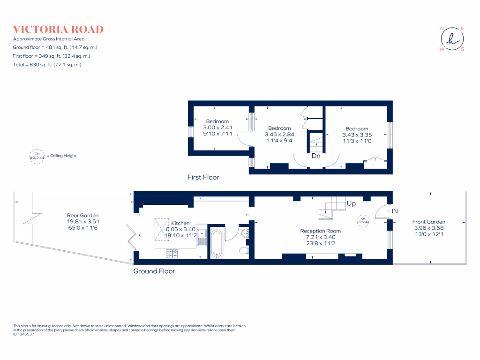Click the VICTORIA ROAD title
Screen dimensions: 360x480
[x=58, y=29]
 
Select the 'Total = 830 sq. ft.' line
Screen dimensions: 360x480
[x=47, y=65]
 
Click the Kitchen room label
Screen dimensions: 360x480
[x=180, y=223]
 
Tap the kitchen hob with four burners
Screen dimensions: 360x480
[x=173, y=254]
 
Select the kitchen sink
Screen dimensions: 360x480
[x=202, y=237]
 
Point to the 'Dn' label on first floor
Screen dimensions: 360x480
[x=316, y=156]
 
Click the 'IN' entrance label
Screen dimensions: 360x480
[x=395, y=211]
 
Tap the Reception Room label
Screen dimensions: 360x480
[x=321, y=231]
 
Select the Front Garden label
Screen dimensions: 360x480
[x=428, y=222]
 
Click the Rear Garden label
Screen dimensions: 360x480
[x=83, y=216]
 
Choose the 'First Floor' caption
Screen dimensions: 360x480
[x=203, y=177]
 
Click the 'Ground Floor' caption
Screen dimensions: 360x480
[x=154, y=271]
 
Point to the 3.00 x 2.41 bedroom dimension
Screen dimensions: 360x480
[x=217, y=127]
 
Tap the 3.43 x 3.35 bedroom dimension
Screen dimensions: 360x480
[x=357, y=135]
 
